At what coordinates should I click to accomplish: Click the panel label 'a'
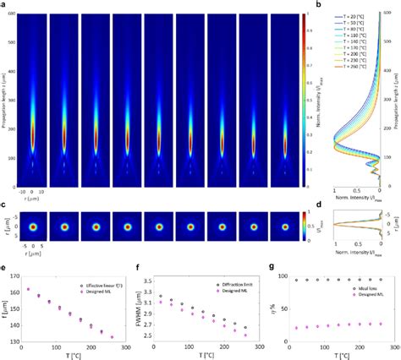pos(5,4)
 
